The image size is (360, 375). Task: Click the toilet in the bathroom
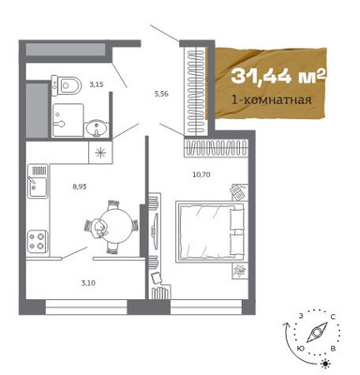(67, 85)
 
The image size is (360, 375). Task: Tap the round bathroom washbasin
(97, 128)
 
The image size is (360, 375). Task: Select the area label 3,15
(97, 84)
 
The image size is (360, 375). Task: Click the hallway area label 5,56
(161, 94)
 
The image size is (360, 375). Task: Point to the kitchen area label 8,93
(80, 187)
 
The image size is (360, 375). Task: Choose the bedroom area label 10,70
(202, 174)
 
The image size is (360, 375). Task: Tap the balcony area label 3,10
(88, 283)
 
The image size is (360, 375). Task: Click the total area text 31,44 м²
(279, 76)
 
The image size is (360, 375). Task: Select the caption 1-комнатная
(271, 100)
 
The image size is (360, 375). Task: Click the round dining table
(115, 225)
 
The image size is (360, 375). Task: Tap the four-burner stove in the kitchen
(37, 242)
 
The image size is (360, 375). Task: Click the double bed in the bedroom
(210, 232)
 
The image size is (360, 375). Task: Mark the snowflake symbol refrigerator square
(100, 152)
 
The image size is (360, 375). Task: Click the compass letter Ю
(301, 348)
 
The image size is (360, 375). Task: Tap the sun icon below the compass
(326, 364)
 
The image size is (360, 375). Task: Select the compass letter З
(301, 316)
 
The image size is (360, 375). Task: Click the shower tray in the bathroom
(67, 120)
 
